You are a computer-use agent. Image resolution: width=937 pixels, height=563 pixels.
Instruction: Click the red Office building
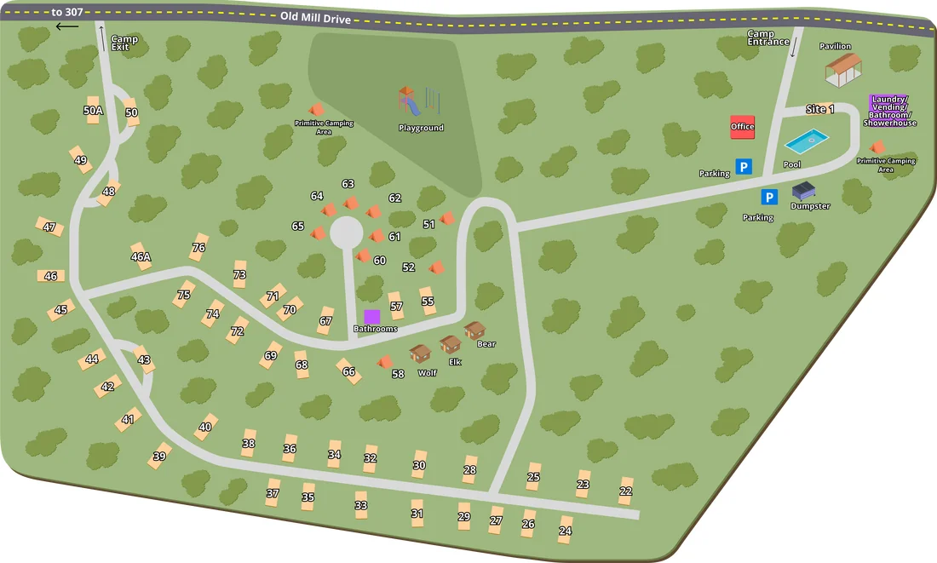[x=742, y=127]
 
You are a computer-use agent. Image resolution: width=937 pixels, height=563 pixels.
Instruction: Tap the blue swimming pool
[x=806, y=140]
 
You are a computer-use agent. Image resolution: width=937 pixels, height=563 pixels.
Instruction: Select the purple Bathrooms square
[x=372, y=316]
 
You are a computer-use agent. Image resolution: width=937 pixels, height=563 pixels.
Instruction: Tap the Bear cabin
[x=475, y=330]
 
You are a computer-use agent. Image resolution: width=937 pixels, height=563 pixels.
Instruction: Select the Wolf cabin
[x=420, y=353]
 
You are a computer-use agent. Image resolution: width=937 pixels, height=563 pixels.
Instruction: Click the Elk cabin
[x=450, y=344]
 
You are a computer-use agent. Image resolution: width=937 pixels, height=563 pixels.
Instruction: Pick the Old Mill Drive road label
[x=315, y=17]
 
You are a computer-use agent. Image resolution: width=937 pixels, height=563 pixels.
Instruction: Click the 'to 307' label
[x=67, y=12]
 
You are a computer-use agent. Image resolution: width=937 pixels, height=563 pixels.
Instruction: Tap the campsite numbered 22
[x=626, y=491]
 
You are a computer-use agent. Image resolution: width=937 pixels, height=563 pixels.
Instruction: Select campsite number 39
[x=159, y=456]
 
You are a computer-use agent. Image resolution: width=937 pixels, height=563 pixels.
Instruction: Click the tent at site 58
[x=384, y=362]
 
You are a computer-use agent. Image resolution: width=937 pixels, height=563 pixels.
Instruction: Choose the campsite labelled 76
[x=198, y=247]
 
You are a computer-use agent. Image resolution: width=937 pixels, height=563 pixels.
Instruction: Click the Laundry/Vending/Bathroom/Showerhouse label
[x=890, y=111]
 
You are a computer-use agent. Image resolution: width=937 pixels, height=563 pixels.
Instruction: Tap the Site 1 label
[x=819, y=110]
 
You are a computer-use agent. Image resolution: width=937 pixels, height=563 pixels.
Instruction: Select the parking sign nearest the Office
[x=744, y=167]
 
